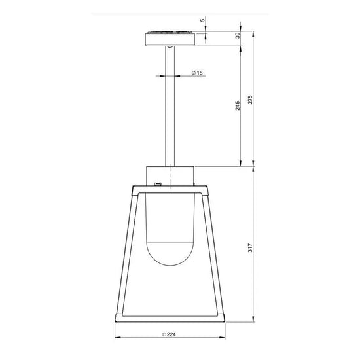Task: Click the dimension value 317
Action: click(x=249, y=249)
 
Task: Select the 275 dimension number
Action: click(x=249, y=100)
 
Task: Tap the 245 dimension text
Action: click(x=237, y=106)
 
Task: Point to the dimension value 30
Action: click(x=237, y=36)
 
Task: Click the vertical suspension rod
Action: click(x=170, y=105)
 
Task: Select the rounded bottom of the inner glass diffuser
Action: click(x=170, y=259)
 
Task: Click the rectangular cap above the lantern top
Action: click(x=170, y=175)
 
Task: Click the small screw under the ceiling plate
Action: click(x=170, y=47)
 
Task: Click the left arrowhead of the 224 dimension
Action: click(x=117, y=338)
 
